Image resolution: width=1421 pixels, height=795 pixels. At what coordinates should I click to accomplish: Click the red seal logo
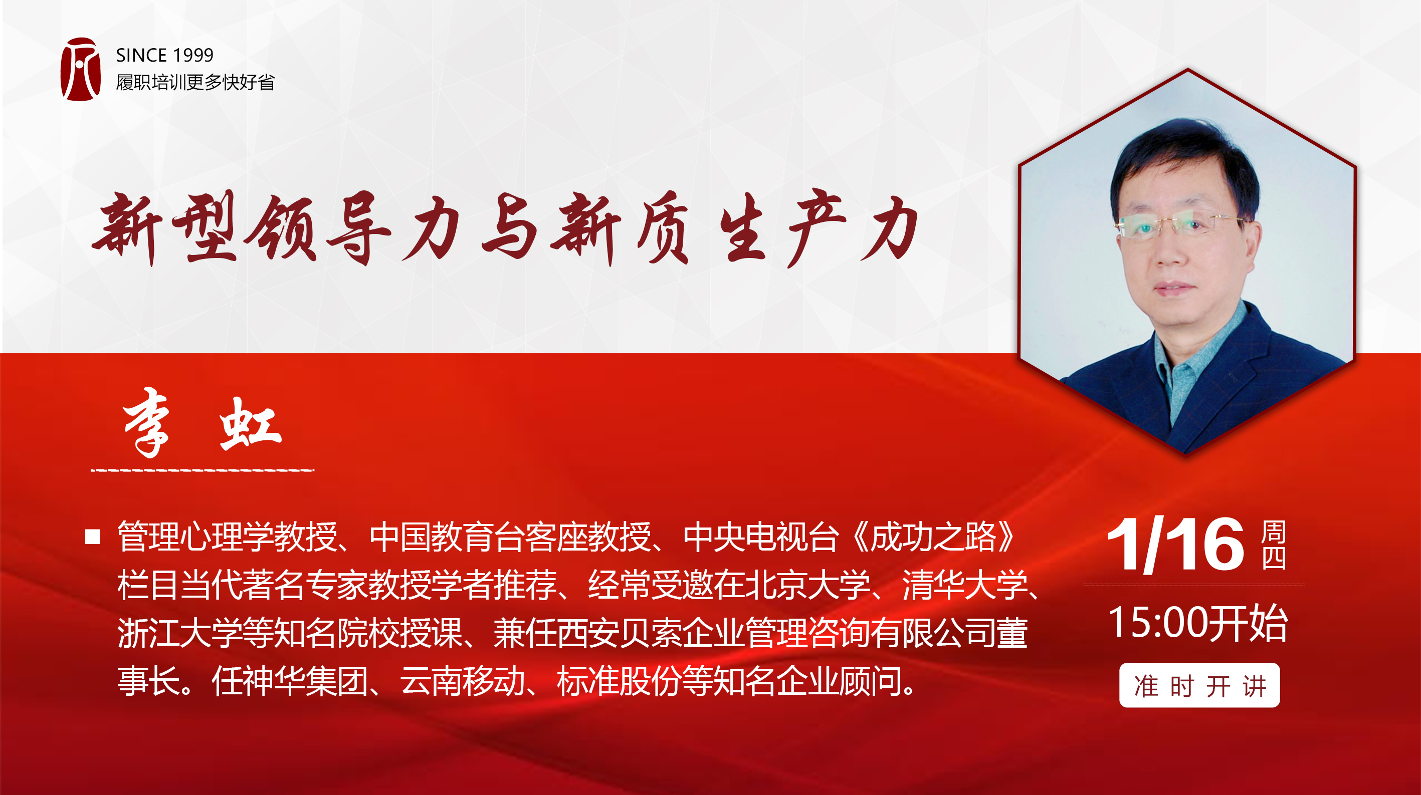tap(81, 69)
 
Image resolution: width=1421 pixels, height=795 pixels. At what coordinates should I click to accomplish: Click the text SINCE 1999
tap(164, 55)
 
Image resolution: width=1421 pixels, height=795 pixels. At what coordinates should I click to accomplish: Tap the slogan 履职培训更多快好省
tap(195, 82)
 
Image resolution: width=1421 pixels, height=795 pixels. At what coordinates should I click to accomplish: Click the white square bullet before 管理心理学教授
tap(93, 537)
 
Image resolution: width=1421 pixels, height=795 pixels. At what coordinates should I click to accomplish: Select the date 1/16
tap(1175, 545)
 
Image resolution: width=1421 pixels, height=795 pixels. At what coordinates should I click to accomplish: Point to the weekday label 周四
tap(1274, 545)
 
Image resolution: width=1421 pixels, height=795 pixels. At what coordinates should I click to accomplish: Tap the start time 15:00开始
tap(1197, 623)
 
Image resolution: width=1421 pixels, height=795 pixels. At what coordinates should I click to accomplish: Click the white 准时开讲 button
tap(1199, 685)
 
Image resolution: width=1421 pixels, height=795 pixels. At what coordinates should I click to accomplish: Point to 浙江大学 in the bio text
tap(180, 633)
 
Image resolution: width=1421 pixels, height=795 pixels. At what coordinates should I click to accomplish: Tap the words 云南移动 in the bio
tap(462, 681)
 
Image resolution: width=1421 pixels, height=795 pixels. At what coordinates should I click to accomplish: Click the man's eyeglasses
tap(1180, 226)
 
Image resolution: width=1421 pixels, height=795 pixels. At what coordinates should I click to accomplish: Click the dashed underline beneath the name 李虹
tap(202, 470)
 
